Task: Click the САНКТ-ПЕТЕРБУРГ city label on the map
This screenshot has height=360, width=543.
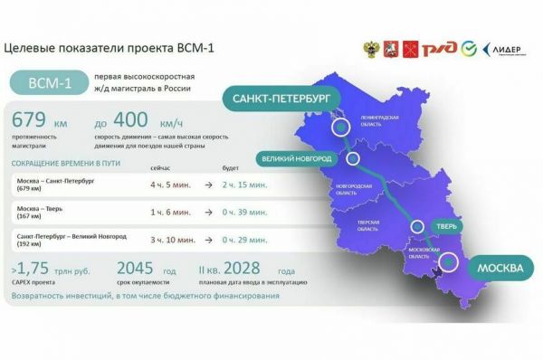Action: pos(276,97)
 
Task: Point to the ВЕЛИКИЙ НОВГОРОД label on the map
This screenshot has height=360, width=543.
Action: pos(296,158)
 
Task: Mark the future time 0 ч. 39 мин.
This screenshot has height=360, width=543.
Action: pos(245,212)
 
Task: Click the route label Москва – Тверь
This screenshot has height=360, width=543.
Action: pos(42,208)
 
